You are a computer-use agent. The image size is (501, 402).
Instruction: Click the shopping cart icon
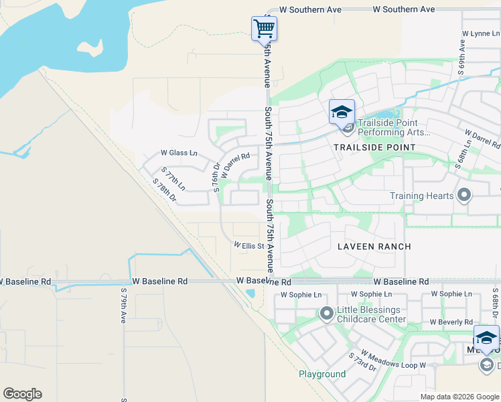point(264,28)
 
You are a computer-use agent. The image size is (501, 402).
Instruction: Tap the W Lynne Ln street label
point(482,33)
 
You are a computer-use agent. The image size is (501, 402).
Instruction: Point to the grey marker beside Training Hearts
point(463,196)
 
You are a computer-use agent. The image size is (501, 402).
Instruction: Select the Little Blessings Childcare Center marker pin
point(327,313)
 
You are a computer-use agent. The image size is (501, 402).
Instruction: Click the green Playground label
point(322,374)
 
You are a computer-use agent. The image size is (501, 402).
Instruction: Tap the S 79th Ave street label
point(124,306)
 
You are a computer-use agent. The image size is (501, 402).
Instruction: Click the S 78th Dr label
point(164,190)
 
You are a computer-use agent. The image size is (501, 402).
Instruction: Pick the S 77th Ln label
point(173,180)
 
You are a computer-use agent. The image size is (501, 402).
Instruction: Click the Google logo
point(22,394)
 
